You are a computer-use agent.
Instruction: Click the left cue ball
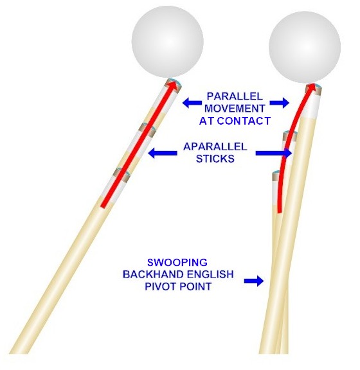[x=168, y=42]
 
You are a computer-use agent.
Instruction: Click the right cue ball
[x=305, y=47]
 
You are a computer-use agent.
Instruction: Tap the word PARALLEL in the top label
[x=235, y=96]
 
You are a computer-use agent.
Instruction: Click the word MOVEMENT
[x=235, y=109]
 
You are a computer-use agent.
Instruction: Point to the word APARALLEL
[x=215, y=146]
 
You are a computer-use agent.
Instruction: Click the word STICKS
[x=215, y=159]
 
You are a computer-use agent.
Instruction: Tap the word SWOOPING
[x=177, y=262]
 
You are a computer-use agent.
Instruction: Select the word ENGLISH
[x=210, y=274]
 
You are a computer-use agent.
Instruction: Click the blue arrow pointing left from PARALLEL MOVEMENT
[x=192, y=103]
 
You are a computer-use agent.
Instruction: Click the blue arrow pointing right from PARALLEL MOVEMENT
[x=280, y=103]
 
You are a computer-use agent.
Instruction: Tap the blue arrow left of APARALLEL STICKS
[x=162, y=153]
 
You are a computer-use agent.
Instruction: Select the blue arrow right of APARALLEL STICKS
[x=274, y=153]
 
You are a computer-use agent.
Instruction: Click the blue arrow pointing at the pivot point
[x=254, y=281]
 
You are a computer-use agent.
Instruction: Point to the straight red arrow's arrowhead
[x=173, y=85]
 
